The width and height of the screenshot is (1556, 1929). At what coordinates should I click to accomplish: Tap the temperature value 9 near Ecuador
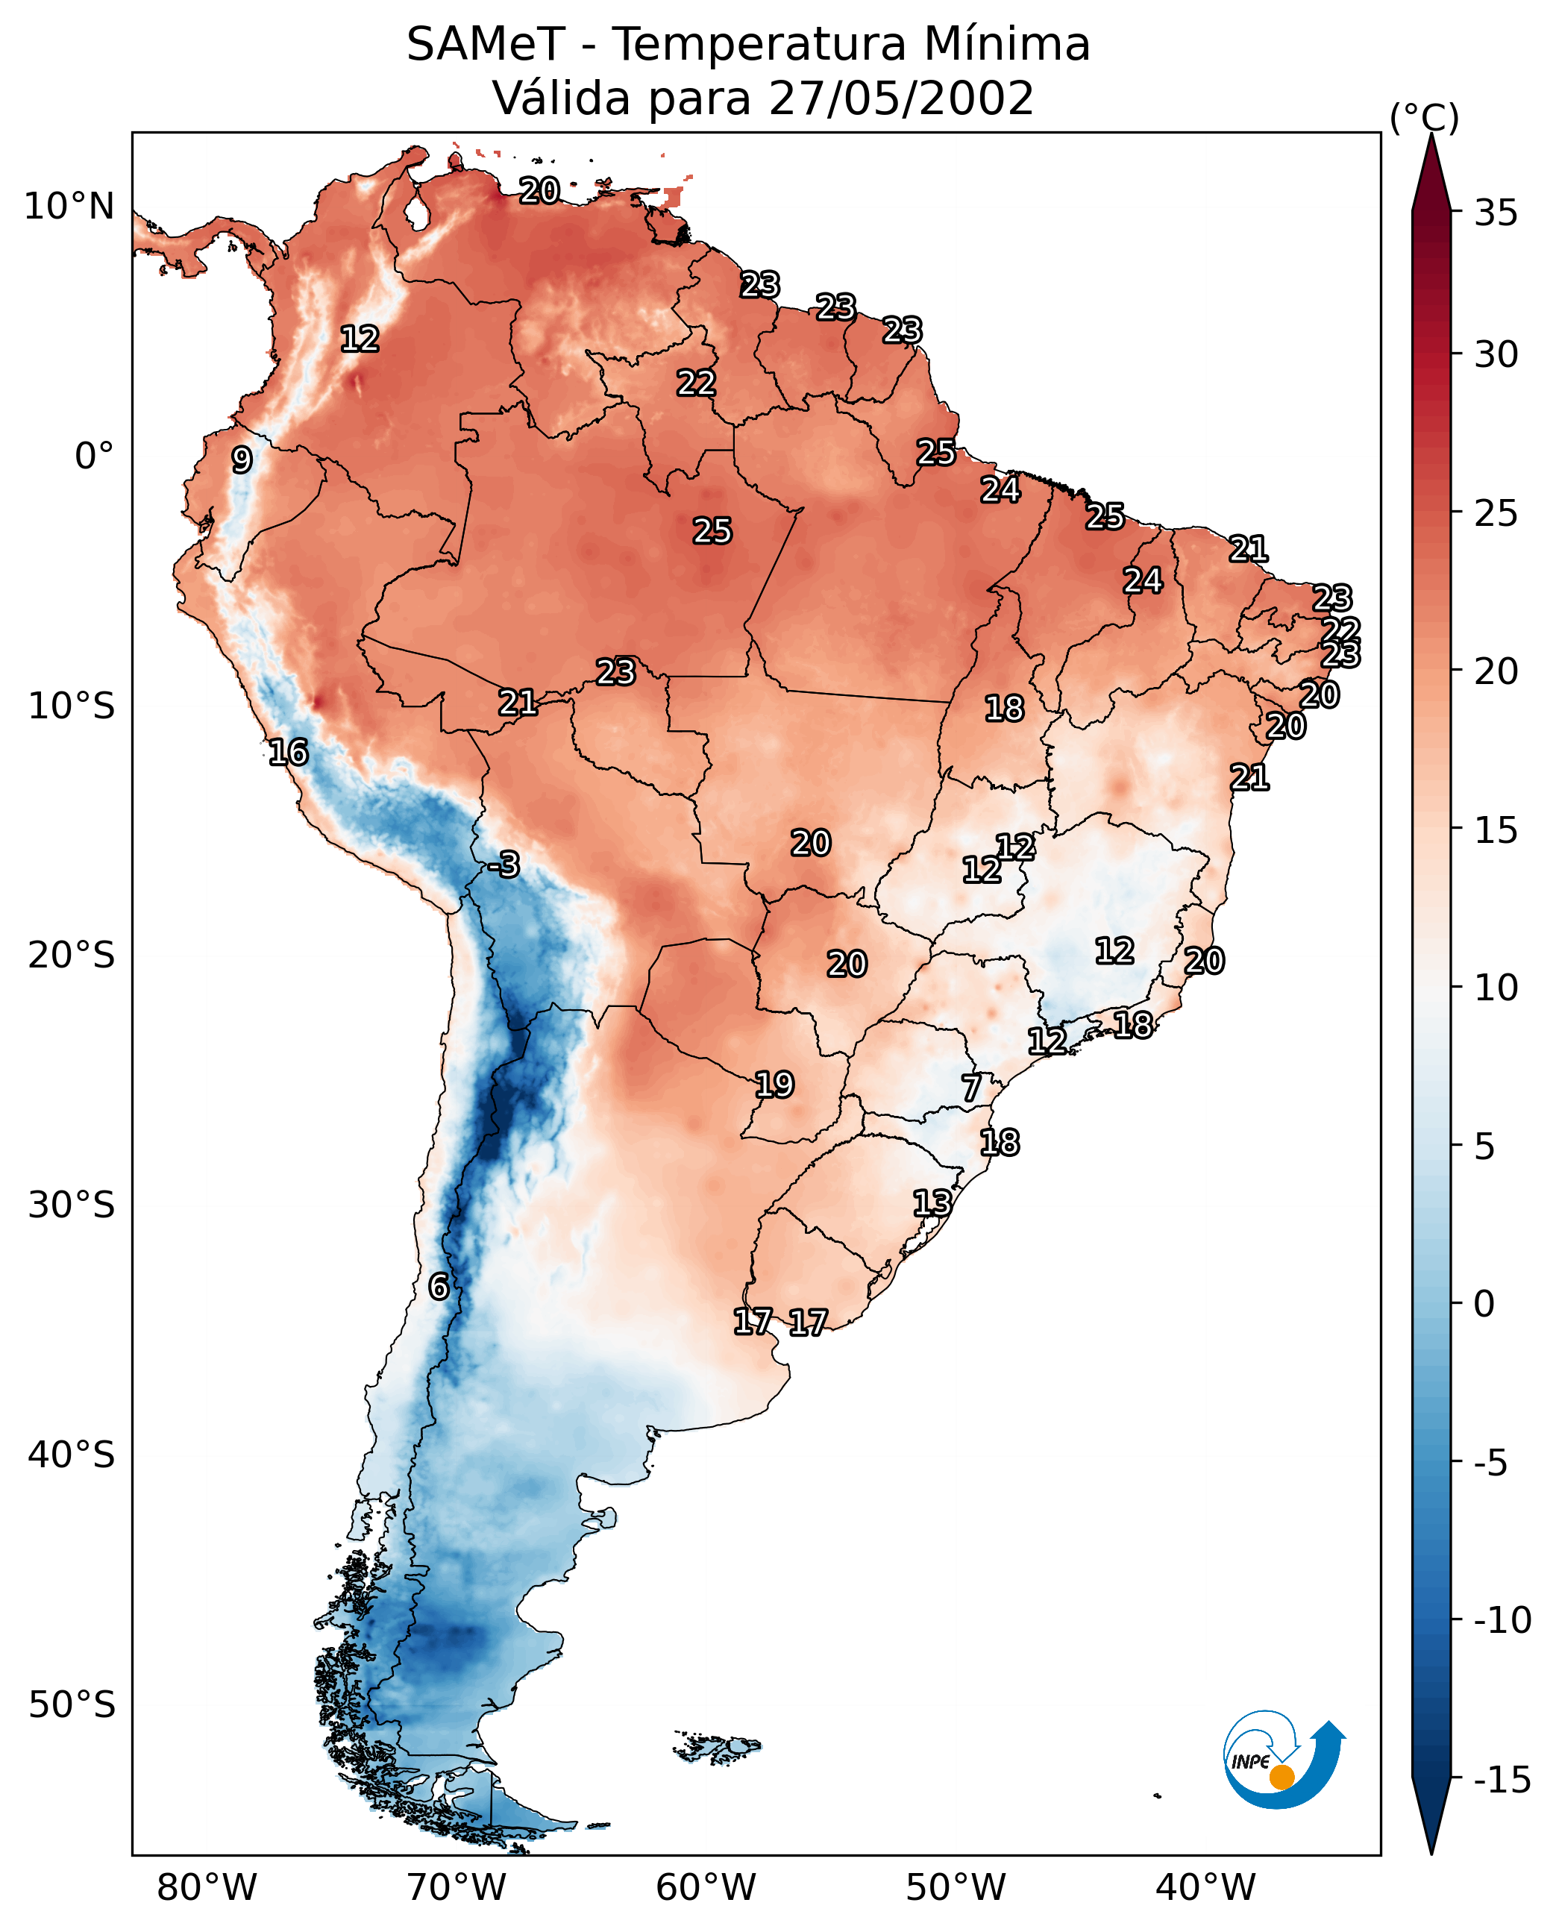tap(242, 459)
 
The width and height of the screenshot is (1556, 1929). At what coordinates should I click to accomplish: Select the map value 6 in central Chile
tap(439, 1286)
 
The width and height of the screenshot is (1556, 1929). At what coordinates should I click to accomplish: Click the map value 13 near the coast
tap(932, 1203)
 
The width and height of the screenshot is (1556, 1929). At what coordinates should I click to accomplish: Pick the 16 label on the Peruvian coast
tap(289, 752)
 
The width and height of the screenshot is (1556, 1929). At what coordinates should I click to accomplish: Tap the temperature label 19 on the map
tap(774, 1085)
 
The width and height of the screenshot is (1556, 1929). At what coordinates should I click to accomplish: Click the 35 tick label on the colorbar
tap(1496, 213)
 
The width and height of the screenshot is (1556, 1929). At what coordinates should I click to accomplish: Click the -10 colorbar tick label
tap(1502, 1619)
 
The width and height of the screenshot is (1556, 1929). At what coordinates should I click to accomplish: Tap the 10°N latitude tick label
tap(69, 207)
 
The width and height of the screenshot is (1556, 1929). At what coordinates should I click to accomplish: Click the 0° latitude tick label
tap(94, 457)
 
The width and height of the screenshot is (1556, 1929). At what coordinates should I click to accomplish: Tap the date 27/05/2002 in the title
tap(902, 98)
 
